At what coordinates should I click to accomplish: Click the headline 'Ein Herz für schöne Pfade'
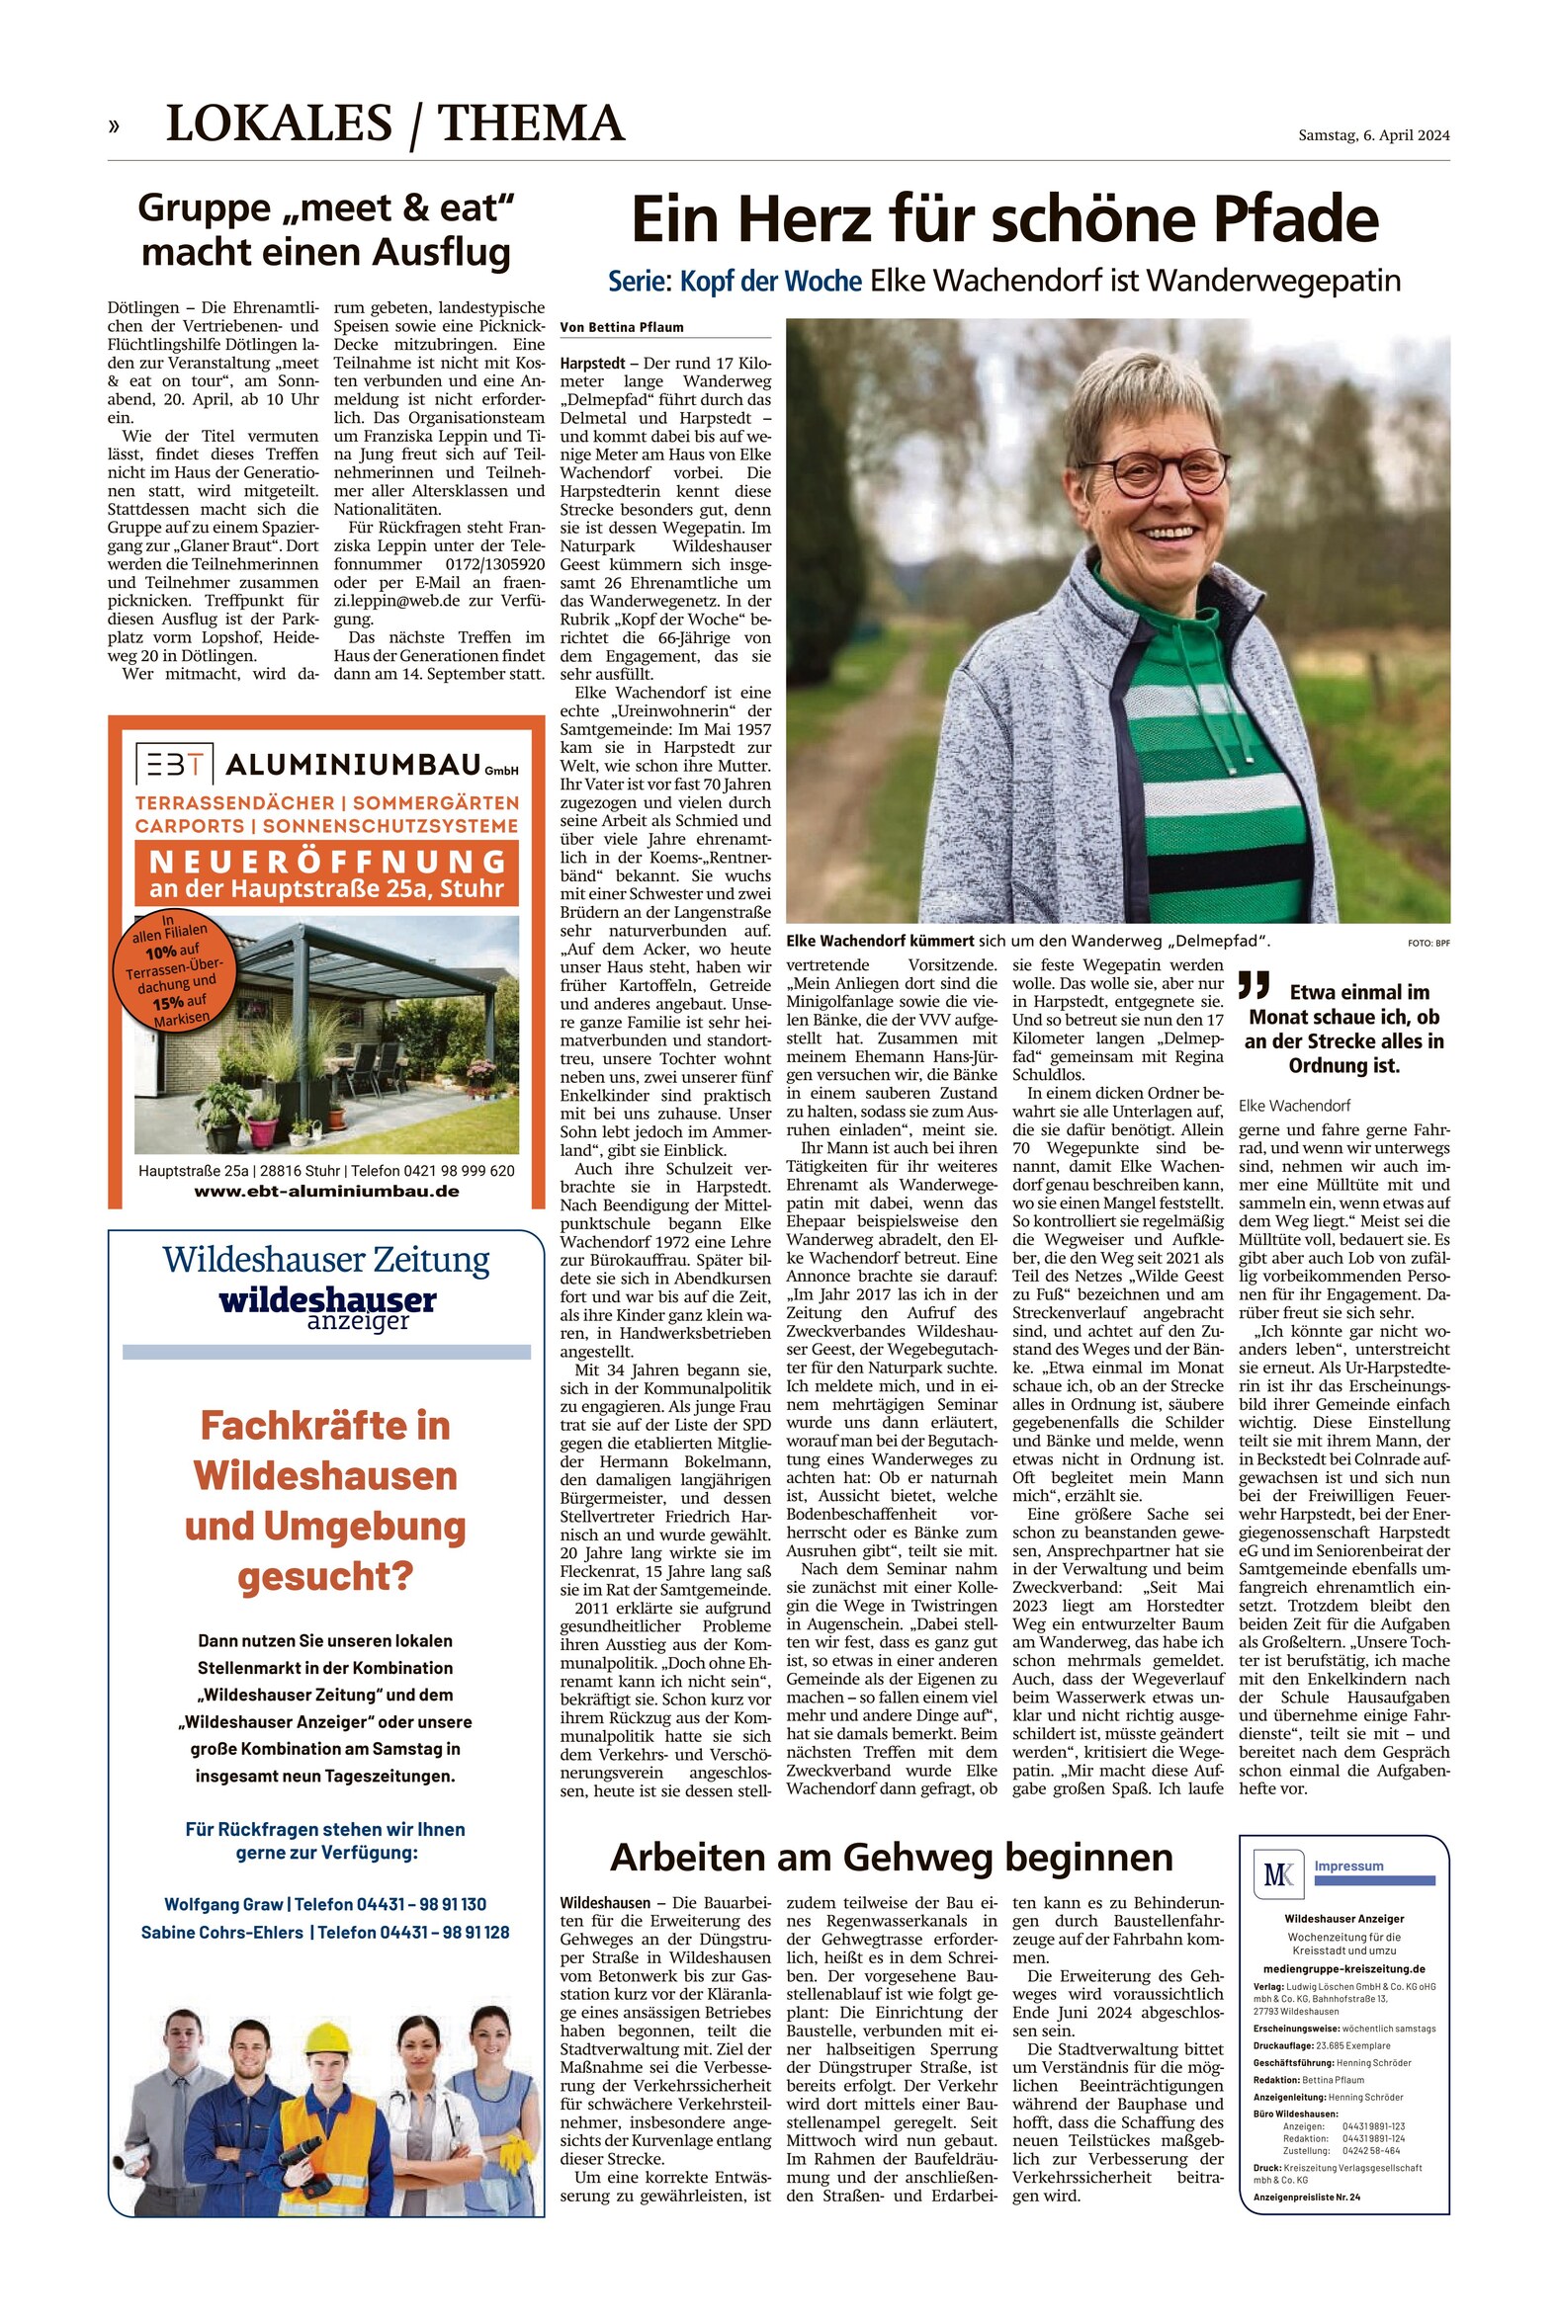pos(1004,219)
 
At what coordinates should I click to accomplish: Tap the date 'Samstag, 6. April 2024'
pos(1373,135)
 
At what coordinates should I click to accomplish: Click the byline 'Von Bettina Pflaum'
pos(621,327)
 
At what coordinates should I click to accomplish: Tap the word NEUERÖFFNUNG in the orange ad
pos(327,860)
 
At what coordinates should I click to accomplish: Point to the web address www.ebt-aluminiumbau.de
pos(326,1191)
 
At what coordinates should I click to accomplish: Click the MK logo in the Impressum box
pos(1278,1874)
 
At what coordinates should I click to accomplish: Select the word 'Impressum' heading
pos(1348,1867)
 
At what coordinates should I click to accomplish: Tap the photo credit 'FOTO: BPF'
pos(1428,943)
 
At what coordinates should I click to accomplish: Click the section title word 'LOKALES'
pos(279,124)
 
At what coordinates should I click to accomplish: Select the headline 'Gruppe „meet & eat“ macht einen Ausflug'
pos(326,229)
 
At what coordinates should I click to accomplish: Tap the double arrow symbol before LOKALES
pos(115,125)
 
